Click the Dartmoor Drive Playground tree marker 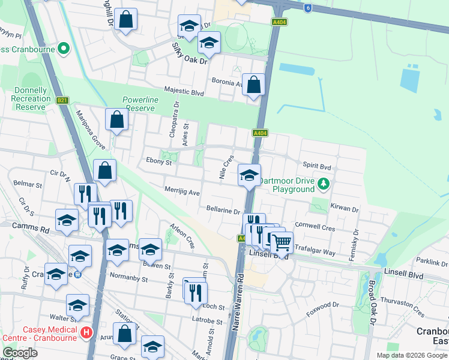324,183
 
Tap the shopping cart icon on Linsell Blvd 281,243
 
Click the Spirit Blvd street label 317,165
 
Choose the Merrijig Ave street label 182,191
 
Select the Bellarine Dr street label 223,211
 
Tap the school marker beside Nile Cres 249,176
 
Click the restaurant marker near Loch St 195,293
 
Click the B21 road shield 62,101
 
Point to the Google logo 20,353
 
